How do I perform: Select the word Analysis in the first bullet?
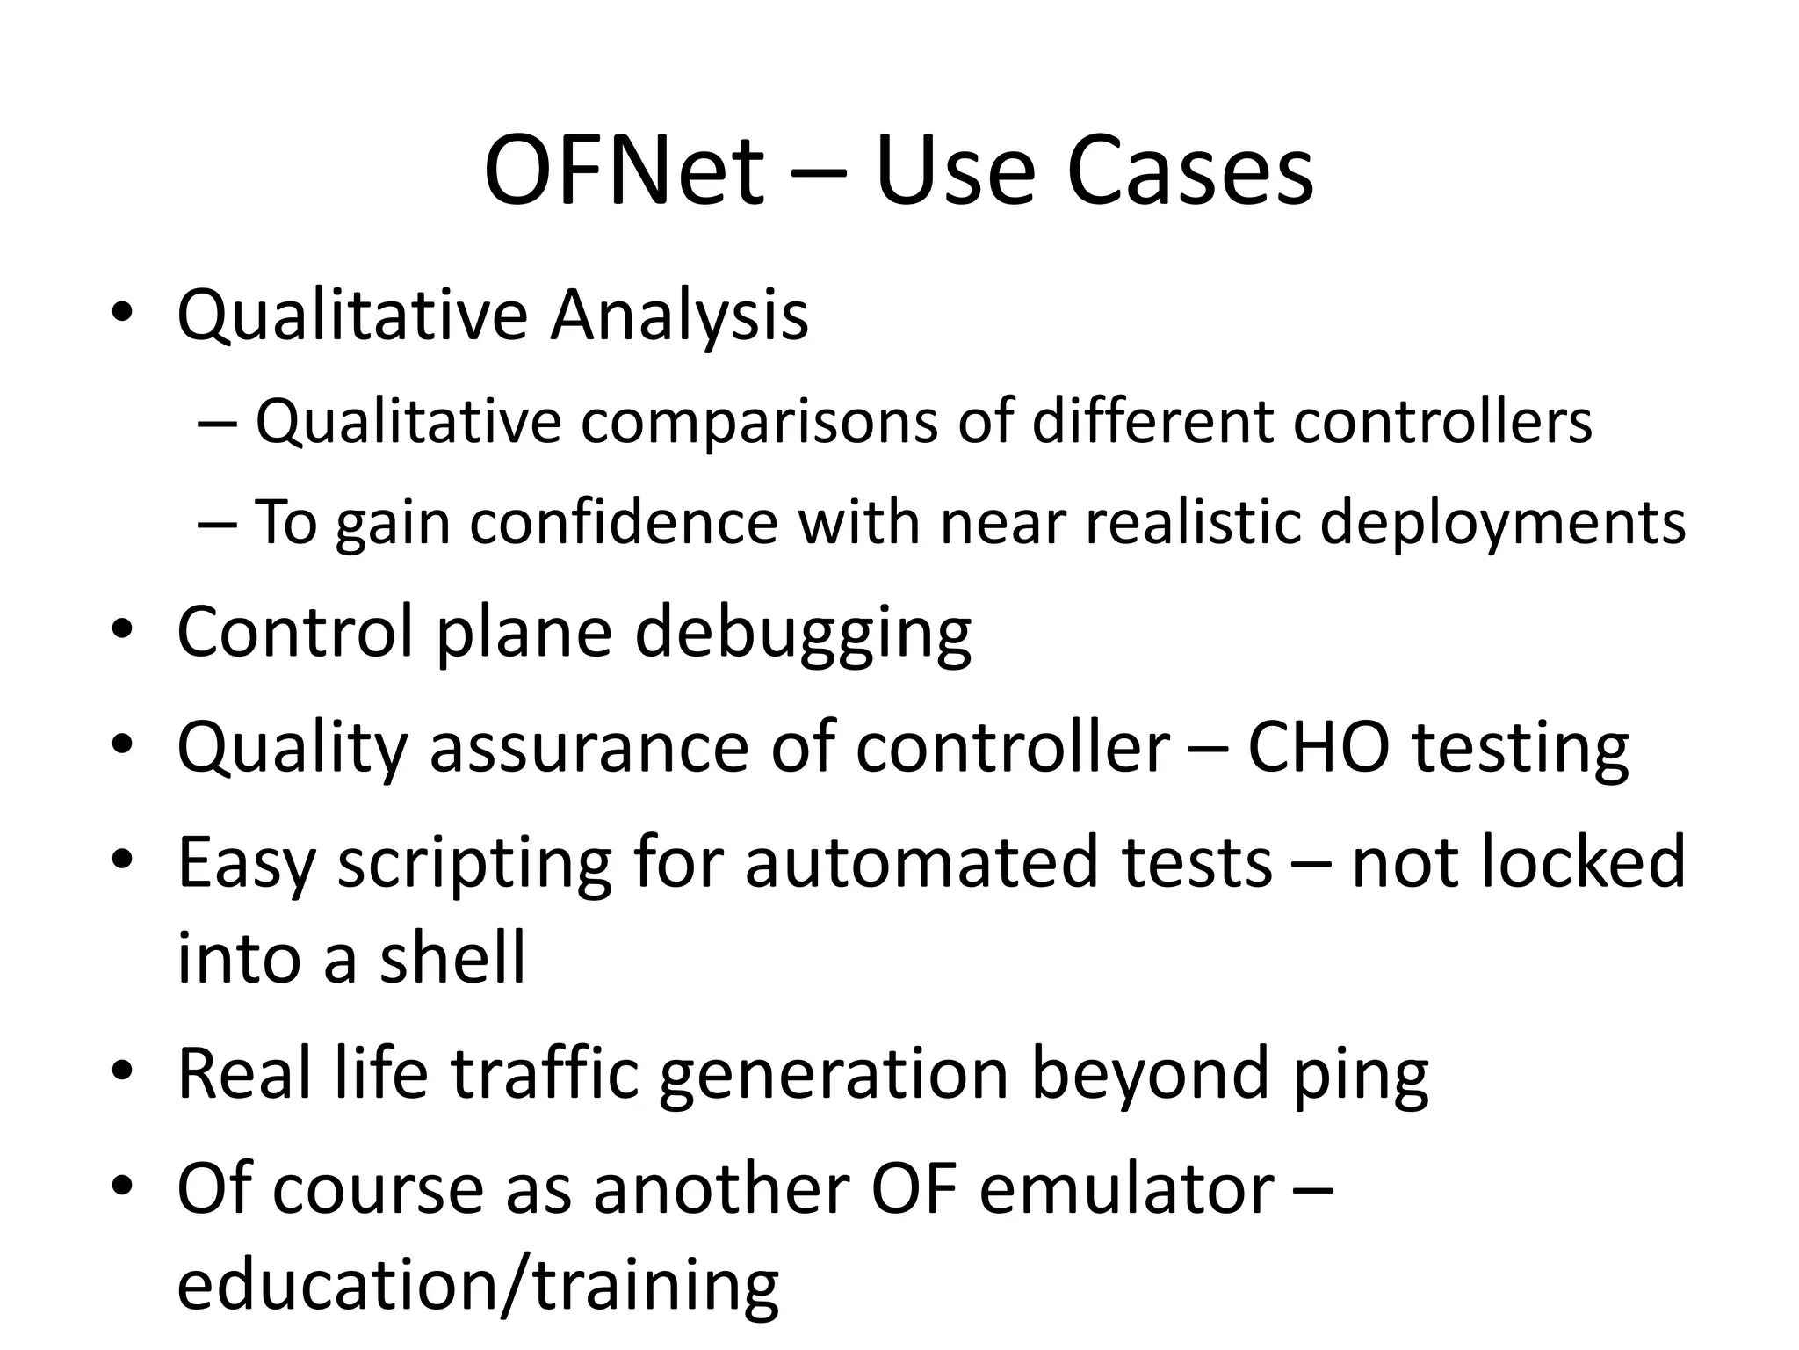[679, 316]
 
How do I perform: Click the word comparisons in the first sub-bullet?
[760, 422]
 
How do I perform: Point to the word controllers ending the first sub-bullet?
[1442, 422]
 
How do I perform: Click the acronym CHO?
[1319, 747]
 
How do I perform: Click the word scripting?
[474, 864]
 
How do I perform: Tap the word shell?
[452, 957]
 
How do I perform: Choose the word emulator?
[1126, 1189]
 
